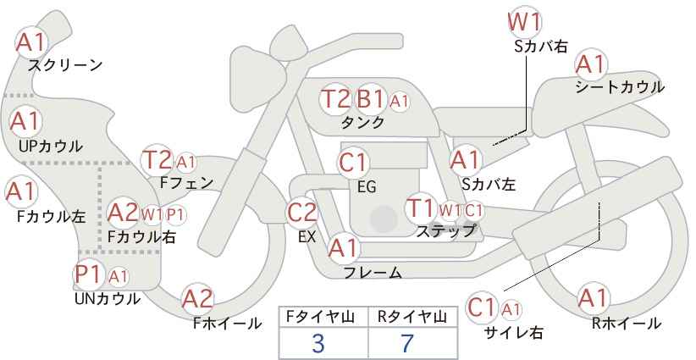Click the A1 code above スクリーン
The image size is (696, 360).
click(30, 42)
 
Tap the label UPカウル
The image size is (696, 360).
click(51, 146)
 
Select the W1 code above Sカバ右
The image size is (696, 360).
click(525, 22)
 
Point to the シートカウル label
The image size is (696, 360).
click(620, 87)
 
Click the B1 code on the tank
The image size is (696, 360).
click(370, 98)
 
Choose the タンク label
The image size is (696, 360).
click(362, 122)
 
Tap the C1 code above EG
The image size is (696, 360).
click(352, 163)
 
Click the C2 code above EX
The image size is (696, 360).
click(302, 213)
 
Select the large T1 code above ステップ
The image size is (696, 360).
click(420, 208)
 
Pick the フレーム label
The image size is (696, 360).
click(373, 272)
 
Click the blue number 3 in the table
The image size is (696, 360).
click(318, 343)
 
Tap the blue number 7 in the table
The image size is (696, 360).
click(407, 343)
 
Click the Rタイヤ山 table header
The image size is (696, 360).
click(412, 317)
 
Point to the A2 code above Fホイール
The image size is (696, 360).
click(198, 299)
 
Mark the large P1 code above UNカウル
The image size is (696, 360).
click(89, 274)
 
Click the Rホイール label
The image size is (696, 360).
click(627, 324)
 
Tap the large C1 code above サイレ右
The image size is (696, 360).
click(481, 307)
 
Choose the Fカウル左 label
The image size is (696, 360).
click(51, 216)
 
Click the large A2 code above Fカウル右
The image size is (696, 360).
click(123, 213)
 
